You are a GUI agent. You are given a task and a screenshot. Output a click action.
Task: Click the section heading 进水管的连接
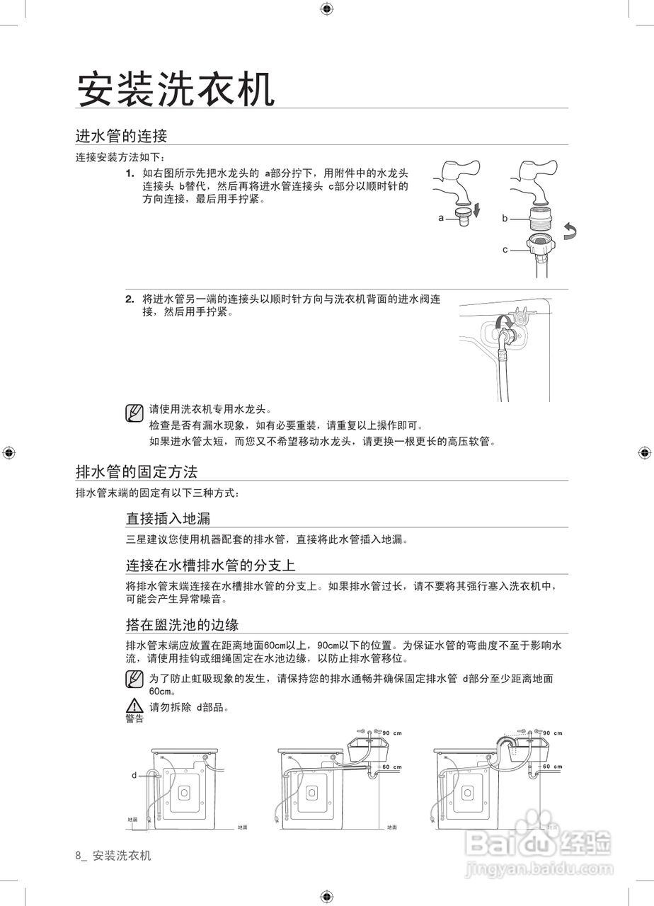pyautogui.click(x=121, y=135)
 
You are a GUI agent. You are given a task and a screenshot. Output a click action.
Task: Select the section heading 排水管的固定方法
pyautogui.click(x=137, y=471)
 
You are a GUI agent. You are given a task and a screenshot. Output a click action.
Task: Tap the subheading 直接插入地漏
pyautogui.click(x=168, y=519)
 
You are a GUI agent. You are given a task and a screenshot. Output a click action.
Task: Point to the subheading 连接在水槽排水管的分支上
pyautogui.click(x=210, y=565)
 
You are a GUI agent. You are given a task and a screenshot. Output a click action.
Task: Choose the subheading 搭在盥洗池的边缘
pyautogui.click(x=182, y=624)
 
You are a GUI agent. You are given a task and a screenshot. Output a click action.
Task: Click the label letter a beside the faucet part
pyautogui.click(x=441, y=218)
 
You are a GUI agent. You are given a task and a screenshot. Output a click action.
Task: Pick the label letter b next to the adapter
pyautogui.click(x=505, y=219)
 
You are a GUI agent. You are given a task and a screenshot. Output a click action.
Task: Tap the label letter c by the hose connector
pyautogui.click(x=505, y=250)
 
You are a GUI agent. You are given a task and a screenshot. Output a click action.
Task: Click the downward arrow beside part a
pyautogui.click(x=476, y=210)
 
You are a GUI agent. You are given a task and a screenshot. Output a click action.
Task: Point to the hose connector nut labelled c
pyautogui.click(x=540, y=246)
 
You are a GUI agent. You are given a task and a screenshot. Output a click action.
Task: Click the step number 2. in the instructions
pyautogui.click(x=130, y=299)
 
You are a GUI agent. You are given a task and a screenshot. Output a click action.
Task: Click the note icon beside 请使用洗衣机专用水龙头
pyautogui.click(x=134, y=412)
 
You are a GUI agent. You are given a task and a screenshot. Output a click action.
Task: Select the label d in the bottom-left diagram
pyautogui.click(x=134, y=776)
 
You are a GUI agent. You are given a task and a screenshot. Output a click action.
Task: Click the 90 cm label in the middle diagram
pyautogui.click(x=392, y=733)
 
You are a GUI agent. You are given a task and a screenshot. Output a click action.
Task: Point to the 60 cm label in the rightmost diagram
pyautogui.click(x=553, y=767)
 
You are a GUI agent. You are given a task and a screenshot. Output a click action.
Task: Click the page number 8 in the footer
pyautogui.click(x=78, y=856)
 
